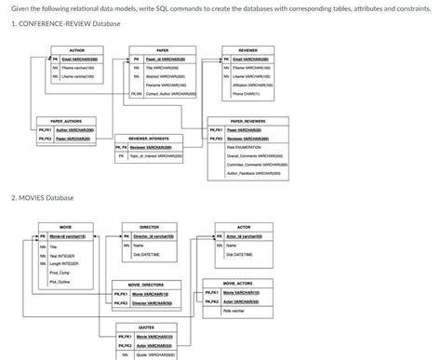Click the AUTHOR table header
point(78,50)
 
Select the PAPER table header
point(163,50)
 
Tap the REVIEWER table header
point(248,50)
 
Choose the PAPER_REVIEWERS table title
point(248,121)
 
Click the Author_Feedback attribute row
point(251,173)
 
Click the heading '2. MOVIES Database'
point(42,198)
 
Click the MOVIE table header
point(66,227)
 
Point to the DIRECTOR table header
point(149,227)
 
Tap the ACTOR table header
point(244,227)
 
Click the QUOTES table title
point(147,327)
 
